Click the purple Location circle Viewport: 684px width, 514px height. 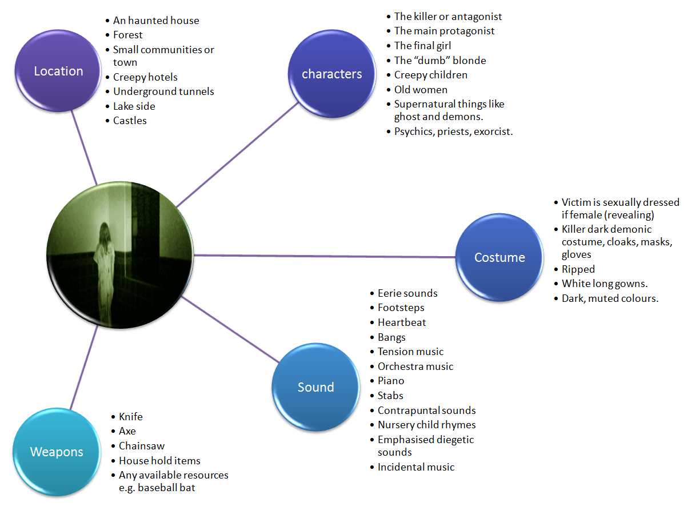coord(58,71)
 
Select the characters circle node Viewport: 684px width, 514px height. coord(331,74)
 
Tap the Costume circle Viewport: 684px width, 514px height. coord(499,258)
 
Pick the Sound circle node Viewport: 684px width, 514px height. coord(315,387)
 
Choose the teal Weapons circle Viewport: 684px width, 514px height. coord(56,452)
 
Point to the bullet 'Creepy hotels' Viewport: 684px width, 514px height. coord(145,77)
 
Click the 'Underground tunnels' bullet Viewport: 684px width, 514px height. coord(163,91)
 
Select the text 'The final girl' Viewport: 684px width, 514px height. coord(422,46)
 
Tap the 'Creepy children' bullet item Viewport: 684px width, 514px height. coord(430,75)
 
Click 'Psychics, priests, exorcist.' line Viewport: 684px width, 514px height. coord(453,132)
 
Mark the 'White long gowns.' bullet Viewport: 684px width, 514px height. coord(604,284)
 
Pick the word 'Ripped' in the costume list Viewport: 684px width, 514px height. coord(578,269)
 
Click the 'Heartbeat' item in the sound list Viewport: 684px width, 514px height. coord(402,322)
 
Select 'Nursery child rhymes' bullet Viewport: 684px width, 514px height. coord(426,425)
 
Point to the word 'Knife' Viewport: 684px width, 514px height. coord(131,417)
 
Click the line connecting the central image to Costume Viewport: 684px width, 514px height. coord(326,256)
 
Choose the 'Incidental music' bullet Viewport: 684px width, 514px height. coord(416,467)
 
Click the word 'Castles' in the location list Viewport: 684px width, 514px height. coord(130,121)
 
